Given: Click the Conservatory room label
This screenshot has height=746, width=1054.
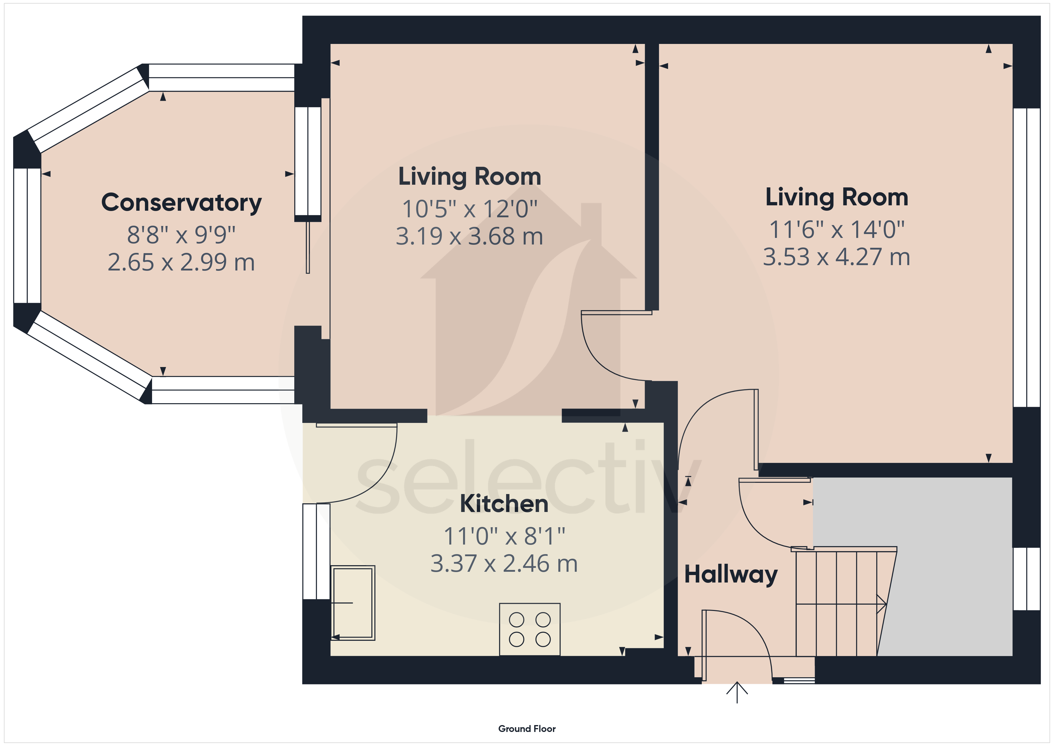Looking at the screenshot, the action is click(181, 203).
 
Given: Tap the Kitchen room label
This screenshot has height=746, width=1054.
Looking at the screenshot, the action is click(504, 504).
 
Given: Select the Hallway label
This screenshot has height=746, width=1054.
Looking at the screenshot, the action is click(731, 575).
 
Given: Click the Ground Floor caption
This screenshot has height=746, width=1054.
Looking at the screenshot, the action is click(527, 729).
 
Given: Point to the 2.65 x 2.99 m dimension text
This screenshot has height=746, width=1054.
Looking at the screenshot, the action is click(181, 262).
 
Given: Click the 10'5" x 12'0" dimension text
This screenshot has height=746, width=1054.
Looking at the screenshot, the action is click(470, 209).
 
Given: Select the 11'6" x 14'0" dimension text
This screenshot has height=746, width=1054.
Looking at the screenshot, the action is click(837, 230).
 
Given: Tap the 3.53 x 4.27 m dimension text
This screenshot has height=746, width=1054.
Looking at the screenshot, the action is click(837, 257).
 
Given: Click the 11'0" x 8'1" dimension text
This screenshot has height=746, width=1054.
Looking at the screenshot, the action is click(504, 536).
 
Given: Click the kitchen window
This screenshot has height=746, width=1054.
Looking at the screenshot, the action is click(316, 551).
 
